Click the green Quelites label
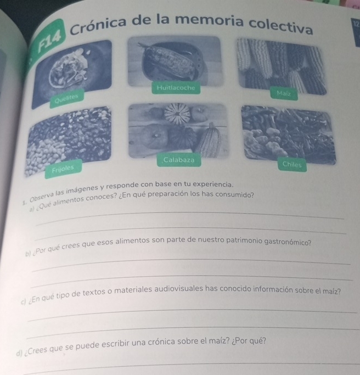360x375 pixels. tap(67, 98)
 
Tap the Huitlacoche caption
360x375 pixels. tap(176, 88)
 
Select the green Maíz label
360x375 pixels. tap(284, 93)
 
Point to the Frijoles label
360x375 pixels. tap(63, 169)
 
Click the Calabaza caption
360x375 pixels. tap(179, 160)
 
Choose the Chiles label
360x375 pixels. tap(292, 165)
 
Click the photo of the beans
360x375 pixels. tap(69, 141)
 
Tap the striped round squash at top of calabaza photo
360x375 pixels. tap(177, 114)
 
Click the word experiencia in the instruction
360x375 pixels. tap(212, 184)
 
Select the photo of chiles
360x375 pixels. tap(289, 136)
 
